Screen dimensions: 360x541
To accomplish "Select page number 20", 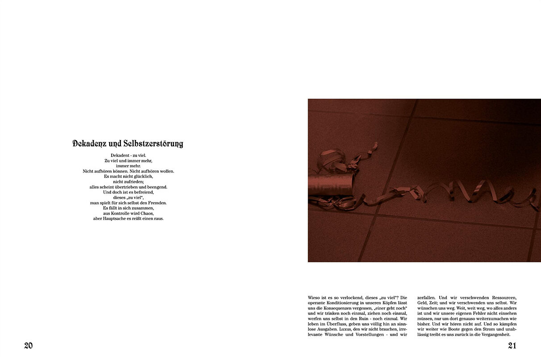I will point(29,345).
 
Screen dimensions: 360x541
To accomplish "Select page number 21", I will point(512,345).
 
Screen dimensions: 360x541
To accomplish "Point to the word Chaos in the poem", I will point(147,213).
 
